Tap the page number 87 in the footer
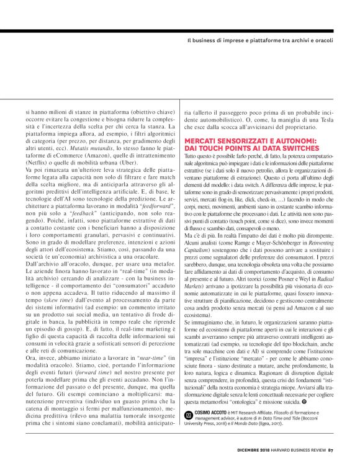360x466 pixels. coord(331,451)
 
